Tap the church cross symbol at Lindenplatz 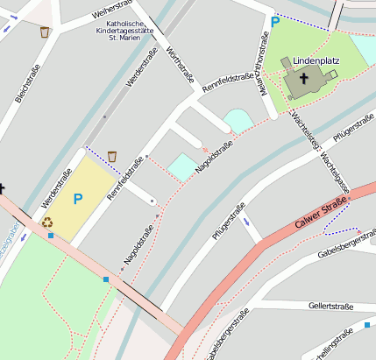pos(304,78)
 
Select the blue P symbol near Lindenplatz pos(275,22)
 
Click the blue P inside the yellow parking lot pos(77,199)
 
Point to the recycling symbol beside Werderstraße pos(47,222)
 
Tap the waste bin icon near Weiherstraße pos(45,32)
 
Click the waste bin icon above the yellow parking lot pos(111,156)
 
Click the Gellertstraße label pos(330,306)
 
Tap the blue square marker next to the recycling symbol pos(52,236)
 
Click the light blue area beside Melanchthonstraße pos(238,121)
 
